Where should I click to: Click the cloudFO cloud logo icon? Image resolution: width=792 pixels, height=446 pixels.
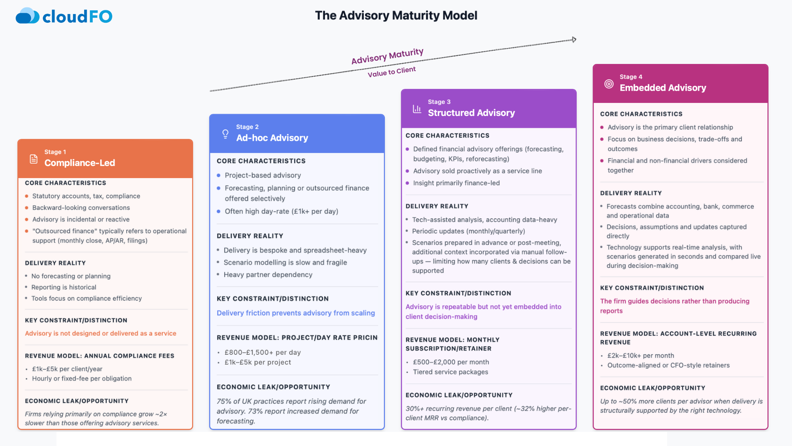[27, 16]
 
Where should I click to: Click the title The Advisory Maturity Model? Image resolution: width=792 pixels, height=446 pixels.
[396, 16]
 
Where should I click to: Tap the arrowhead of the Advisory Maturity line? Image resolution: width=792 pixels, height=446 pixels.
[574, 40]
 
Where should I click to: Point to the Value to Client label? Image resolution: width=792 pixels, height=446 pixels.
[391, 72]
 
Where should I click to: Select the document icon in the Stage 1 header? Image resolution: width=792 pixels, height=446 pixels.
[34, 159]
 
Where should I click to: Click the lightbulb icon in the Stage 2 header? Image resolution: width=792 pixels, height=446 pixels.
[225, 134]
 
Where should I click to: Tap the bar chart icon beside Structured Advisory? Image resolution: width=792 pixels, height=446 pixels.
[417, 109]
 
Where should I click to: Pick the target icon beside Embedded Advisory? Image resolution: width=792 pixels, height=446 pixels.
[609, 84]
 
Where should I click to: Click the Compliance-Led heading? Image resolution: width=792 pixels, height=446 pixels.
[80, 163]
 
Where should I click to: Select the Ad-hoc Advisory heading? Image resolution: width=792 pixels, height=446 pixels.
[272, 138]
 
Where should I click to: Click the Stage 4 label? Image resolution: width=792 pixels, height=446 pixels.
[631, 77]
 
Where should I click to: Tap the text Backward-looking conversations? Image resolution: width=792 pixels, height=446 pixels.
[81, 208]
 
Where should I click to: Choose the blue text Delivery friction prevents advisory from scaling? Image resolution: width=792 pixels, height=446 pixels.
[296, 313]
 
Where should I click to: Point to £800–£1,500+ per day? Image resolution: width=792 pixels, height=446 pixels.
[262, 352]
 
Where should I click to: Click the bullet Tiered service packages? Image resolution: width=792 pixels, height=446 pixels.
[450, 372]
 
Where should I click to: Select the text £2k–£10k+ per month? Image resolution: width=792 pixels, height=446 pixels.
[641, 356]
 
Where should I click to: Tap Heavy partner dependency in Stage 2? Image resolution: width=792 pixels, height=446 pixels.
[268, 275]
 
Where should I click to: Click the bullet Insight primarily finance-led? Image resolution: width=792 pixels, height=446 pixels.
[456, 183]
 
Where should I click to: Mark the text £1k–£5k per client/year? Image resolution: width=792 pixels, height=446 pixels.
[67, 369]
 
